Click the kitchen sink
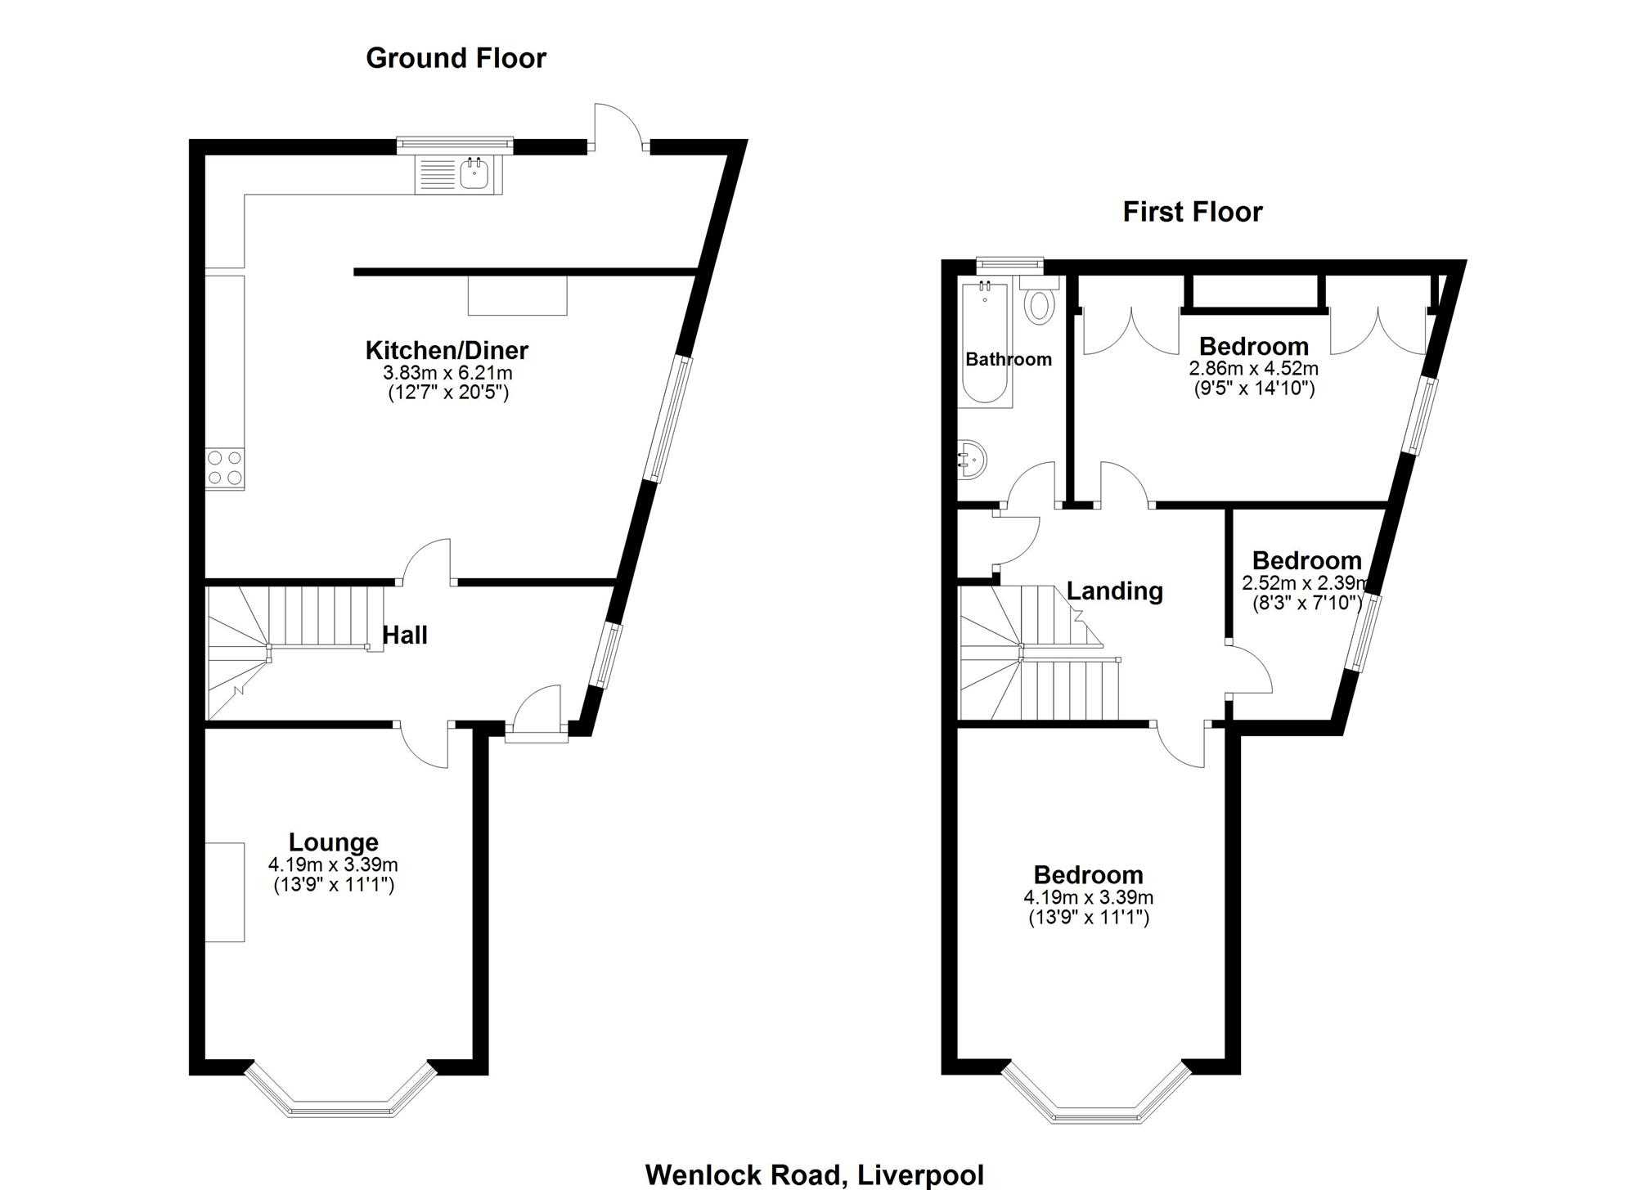tap(459, 174)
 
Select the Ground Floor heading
tap(456, 58)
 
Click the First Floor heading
tap(1192, 212)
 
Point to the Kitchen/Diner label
tap(447, 350)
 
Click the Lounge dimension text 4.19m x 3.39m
tap(333, 864)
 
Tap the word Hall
tap(405, 635)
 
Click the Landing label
tap(1114, 591)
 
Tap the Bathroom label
tap(1009, 359)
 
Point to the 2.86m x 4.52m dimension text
tap(1253, 368)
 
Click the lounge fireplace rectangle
tap(225, 891)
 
